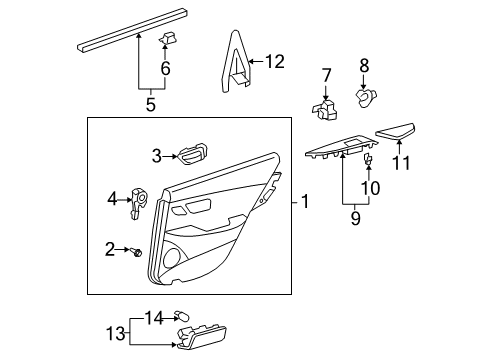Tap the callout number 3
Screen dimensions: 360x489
(x=157, y=154)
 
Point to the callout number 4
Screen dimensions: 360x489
(x=112, y=198)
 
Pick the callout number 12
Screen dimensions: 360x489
(x=275, y=62)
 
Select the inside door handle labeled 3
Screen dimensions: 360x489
(x=191, y=153)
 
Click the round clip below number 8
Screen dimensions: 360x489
(x=365, y=97)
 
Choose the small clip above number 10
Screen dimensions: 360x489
(x=370, y=159)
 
